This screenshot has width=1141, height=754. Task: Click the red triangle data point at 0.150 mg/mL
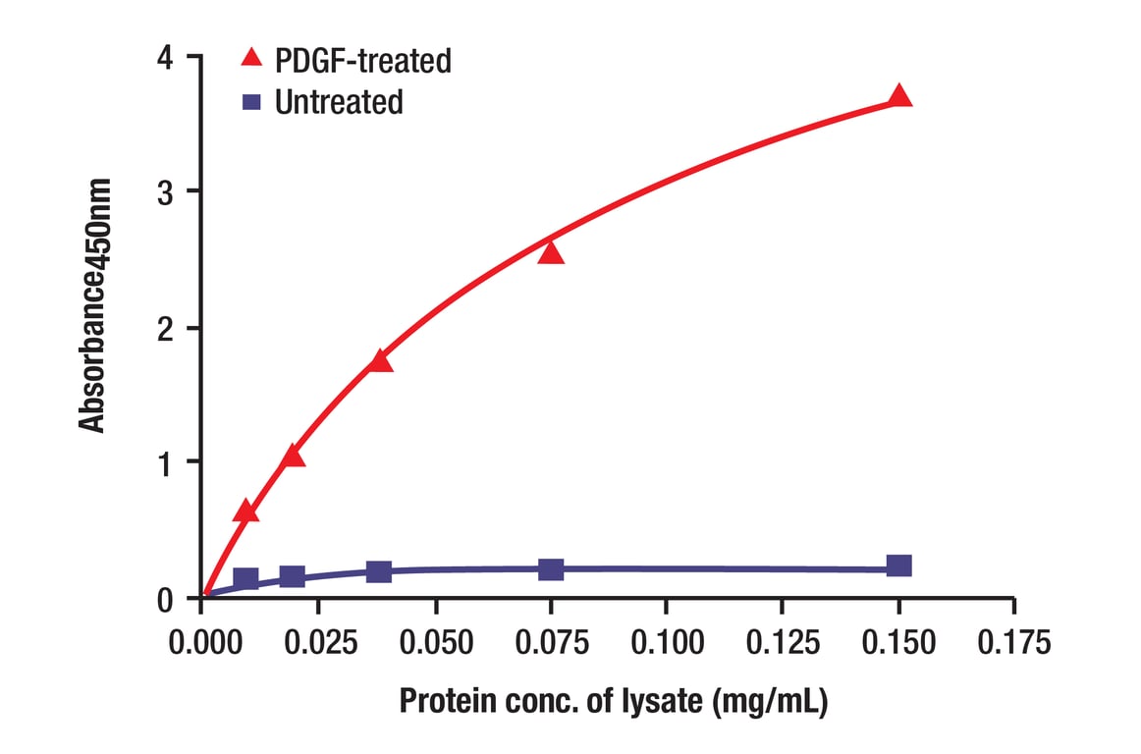pyautogui.click(x=899, y=96)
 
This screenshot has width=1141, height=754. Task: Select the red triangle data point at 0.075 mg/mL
pyautogui.click(x=551, y=253)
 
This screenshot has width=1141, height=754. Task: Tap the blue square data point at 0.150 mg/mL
pyautogui.click(x=899, y=565)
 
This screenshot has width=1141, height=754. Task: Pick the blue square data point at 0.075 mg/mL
pyautogui.click(x=551, y=568)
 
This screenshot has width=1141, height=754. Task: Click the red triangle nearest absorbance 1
pyautogui.click(x=292, y=457)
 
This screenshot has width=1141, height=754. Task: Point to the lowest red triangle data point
pyautogui.click(x=246, y=512)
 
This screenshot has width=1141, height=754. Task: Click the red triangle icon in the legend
pyautogui.click(x=252, y=60)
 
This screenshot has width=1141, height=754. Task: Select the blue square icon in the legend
pyautogui.click(x=252, y=101)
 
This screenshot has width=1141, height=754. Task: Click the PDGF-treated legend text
pyautogui.click(x=363, y=61)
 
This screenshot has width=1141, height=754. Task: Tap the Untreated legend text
pyautogui.click(x=339, y=102)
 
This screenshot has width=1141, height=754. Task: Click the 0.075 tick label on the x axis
pyautogui.click(x=550, y=644)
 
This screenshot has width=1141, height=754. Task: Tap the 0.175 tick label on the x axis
pyautogui.click(x=1013, y=644)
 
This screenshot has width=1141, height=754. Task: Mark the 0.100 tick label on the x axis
pyautogui.click(x=666, y=644)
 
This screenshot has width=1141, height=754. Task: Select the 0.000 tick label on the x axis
pyautogui.click(x=201, y=644)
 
